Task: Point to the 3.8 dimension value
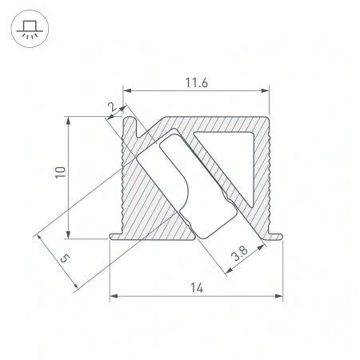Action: [238, 256]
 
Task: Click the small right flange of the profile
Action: [277, 235]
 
